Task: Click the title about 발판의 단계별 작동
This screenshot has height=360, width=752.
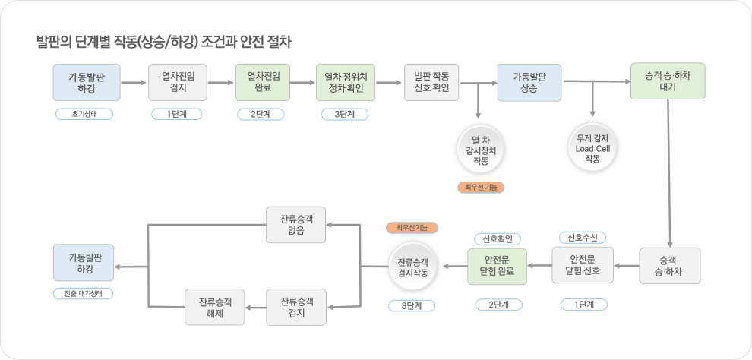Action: coord(163,41)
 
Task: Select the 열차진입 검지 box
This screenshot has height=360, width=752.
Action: coord(178,83)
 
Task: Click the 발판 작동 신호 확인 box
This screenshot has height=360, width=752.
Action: coord(431,83)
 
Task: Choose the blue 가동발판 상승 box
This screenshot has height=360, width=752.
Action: coord(529,83)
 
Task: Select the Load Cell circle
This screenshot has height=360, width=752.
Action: coord(592,149)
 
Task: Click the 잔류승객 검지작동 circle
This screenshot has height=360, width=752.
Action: coord(412,266)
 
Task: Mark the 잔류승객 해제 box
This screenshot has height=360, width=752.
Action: coord(215,308)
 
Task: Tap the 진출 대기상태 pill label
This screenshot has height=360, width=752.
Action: coord(83,293)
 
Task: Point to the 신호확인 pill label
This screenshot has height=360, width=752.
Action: coord(497,238)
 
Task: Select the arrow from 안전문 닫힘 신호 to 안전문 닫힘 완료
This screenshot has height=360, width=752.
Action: coord(540,266)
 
